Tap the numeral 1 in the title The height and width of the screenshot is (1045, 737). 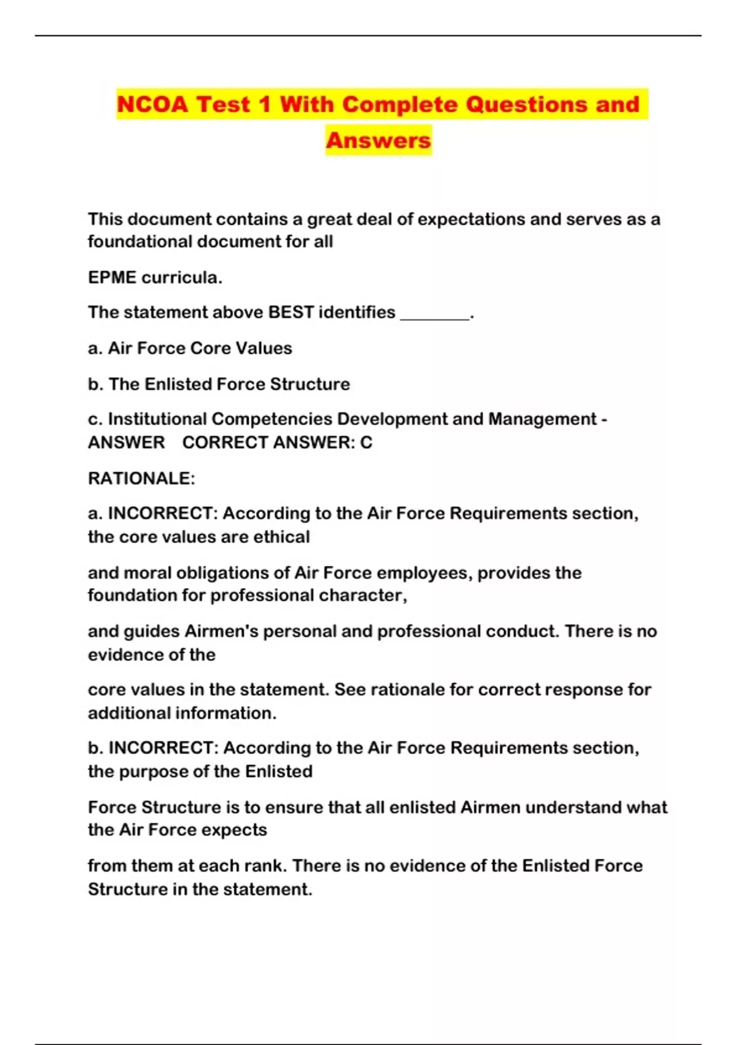pos(265,104)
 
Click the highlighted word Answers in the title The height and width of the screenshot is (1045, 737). pos(378,140)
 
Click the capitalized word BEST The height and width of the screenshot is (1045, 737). pos(291,312)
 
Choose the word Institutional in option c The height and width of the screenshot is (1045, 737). pos(158,419)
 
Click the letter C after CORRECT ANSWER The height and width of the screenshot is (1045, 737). pos(366,443)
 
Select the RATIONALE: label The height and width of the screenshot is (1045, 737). pos(141,478)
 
